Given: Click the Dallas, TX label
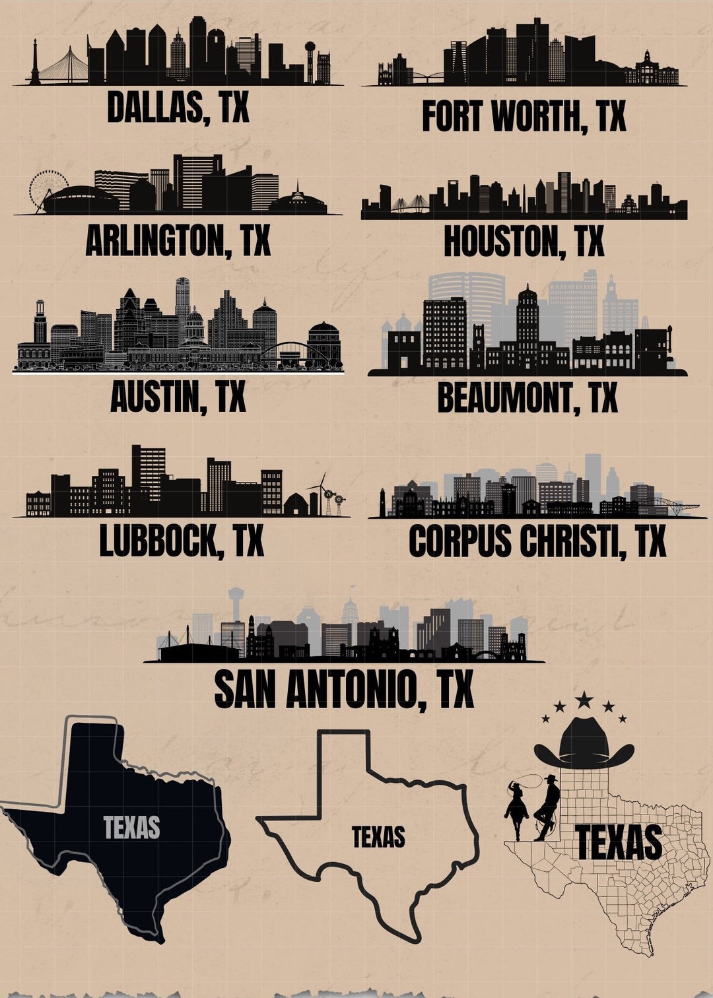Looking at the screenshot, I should (178, 107).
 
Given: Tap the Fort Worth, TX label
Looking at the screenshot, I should (524, 117).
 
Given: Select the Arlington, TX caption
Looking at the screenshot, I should (178, 241).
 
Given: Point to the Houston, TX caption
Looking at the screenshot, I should (524, 241).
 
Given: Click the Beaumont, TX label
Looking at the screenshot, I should (527, 398).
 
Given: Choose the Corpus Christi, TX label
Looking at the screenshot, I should (537, 541).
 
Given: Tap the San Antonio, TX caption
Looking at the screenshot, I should (344, 690).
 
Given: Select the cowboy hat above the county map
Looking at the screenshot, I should (584, 745).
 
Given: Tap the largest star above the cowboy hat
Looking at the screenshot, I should (584, 699).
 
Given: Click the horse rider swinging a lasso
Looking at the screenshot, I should (517, 809).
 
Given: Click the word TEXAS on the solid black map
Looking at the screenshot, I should (131, 827).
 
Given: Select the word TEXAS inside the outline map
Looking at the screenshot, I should (378, 837).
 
